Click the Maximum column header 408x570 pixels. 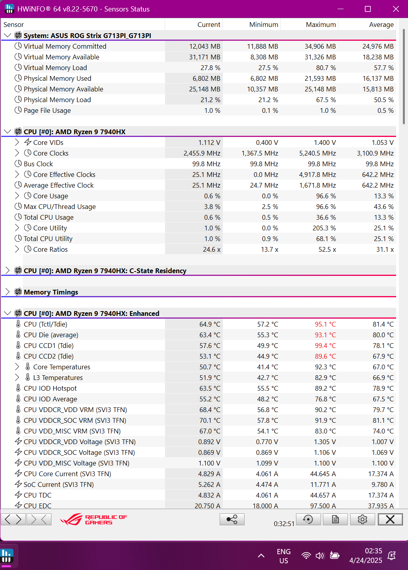321,25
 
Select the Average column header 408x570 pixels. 381,25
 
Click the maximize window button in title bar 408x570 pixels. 368,9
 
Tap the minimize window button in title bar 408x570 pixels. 340,9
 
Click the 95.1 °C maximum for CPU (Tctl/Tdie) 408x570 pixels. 325,324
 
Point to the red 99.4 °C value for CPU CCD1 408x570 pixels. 325,346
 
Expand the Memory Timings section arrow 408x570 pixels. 8,292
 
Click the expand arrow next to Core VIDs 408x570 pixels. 17,142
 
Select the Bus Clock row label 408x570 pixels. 38,164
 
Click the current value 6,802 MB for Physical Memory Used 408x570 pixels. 206,78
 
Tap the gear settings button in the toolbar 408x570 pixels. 362,519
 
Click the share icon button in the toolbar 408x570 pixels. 232,519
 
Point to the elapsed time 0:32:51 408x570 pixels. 284,524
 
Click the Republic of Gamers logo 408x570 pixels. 94,519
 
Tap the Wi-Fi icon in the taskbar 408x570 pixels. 306,556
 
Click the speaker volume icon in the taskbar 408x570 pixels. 320,556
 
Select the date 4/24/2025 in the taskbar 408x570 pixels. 366,560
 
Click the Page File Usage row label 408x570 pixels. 47,110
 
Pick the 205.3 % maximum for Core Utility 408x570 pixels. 324,228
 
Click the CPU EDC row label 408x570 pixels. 37,505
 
